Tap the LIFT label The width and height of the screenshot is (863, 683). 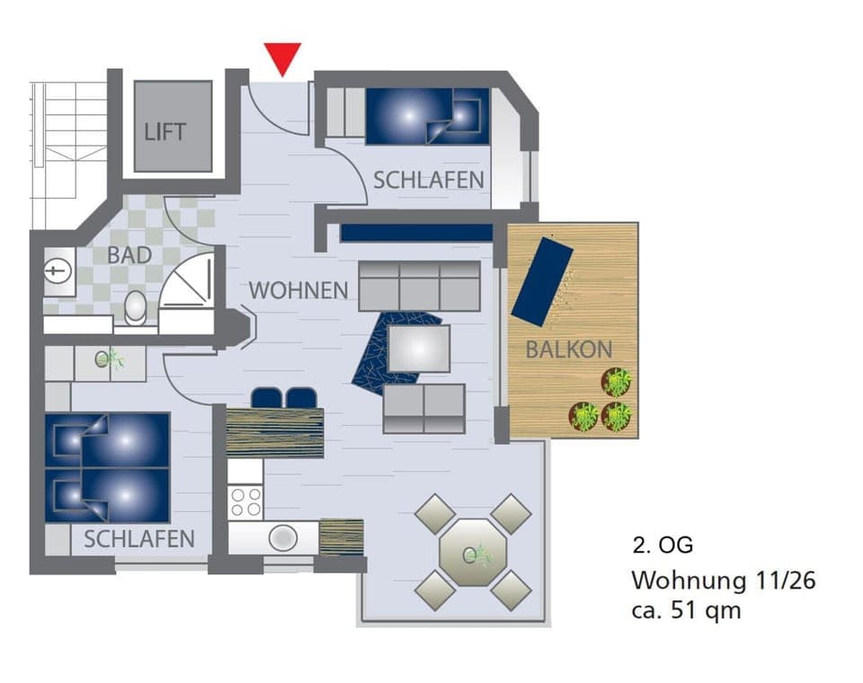click(165, 131)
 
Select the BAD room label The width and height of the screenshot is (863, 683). click(129, 254)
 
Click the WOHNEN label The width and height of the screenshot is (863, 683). click(298, 290)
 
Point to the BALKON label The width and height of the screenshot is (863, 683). click(568, 350)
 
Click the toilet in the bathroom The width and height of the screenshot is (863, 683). click(136, 307)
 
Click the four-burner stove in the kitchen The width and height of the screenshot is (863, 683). click(245, 501)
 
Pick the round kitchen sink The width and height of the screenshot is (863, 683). click(283, 537)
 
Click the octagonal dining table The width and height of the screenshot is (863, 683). click(473, 552)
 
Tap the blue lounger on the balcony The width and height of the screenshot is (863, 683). click(542, 281)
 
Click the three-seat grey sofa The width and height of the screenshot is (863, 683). click(420, 286)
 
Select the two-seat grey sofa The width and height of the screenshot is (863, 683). click(424, 409)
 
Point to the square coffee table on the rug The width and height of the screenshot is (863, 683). click(418, 348)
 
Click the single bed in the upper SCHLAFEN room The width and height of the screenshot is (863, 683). click(427, 116)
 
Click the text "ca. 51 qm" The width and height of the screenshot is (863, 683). click(687, 610)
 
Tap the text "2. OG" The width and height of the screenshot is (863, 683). click(663, 546)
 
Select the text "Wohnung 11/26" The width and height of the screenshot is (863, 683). click(723, 581)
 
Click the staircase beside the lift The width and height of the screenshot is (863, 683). click(68, 153)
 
